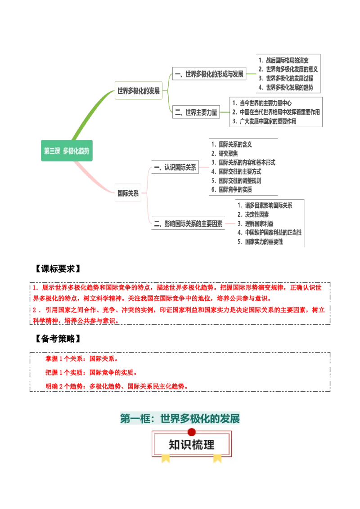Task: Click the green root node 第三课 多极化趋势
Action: click(67, 151)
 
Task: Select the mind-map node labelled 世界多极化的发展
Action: click(138, 90)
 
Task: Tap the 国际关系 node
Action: click(128, 193)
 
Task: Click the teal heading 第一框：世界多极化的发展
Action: click(180, 419)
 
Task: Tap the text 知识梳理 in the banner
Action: click(192, 445)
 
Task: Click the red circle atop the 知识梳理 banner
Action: click(192, 432)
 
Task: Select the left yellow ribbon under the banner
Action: click(166, 458)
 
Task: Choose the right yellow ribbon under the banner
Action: click(217, 458)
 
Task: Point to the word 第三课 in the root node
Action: click(52, 151)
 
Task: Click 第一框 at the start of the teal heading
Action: click(134, 419)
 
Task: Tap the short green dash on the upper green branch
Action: click(252, 73)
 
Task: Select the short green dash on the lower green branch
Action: click(224, 112)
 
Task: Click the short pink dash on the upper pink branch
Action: click(205, 168)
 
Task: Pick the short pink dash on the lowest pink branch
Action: click(231, 223)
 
